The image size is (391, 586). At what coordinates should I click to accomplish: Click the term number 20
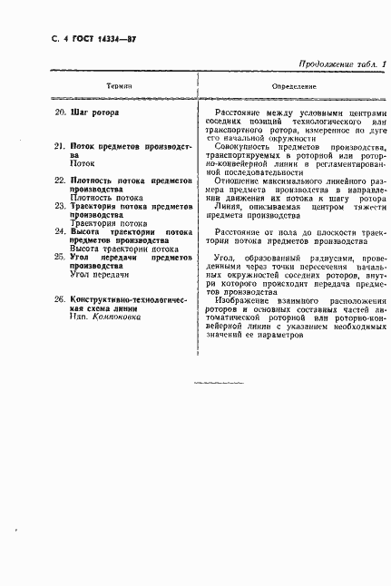pos(61,113)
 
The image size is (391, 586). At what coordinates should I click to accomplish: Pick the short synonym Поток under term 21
pos(83,164)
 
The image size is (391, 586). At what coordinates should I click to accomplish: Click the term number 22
pos(61,181)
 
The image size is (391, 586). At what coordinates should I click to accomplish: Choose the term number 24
pos(61,231)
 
